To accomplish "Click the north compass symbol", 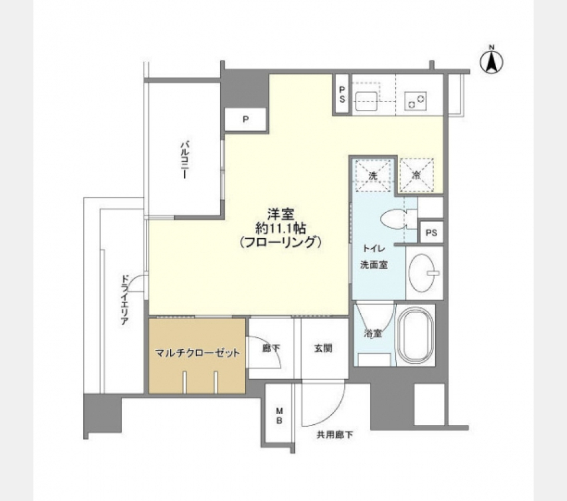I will click(x=491, y=61).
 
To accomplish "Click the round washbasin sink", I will click(x=423, y=273).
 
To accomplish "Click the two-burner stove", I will click(x=416, y=100).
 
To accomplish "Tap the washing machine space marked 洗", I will click(x=373, y=175).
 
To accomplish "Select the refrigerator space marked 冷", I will click(x=416, y=175).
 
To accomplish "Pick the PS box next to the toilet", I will click(x=431, y=232).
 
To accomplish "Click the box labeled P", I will click(x=246, y=119).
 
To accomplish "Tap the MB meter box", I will click(x=279, y=415).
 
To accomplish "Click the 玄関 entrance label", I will click(x=322, y=349).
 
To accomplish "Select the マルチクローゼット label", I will click(x=197, y=353).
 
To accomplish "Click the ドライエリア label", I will click(x=125, y=300).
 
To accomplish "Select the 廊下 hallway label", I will click(x=271, y=349).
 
